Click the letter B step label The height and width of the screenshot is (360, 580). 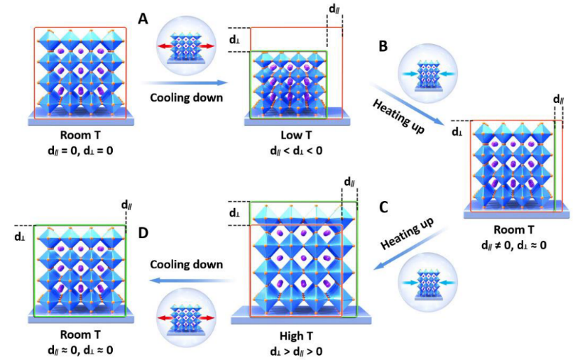382,46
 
